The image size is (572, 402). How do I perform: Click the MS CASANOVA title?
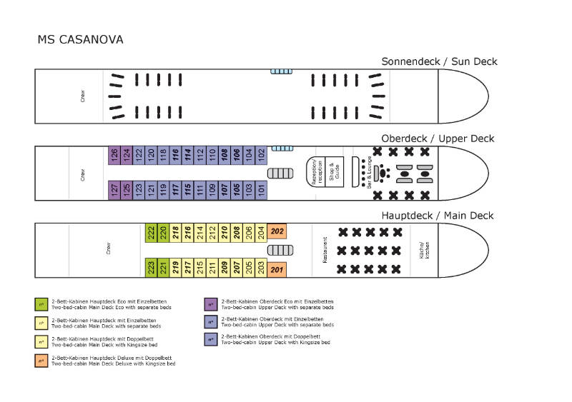tap(80, 39)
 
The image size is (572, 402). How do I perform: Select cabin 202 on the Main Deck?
tap(277, 231)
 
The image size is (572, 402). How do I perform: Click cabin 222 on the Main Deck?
tap(151, 231)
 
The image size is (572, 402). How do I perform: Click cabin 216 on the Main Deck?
tap(188, 231)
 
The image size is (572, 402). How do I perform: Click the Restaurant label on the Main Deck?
tap(325, 251)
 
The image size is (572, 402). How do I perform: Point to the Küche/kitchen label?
tap(424, 250)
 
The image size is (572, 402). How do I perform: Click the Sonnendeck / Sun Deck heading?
tap(439, 61)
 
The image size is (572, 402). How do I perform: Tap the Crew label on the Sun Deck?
tap(83, 96)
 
